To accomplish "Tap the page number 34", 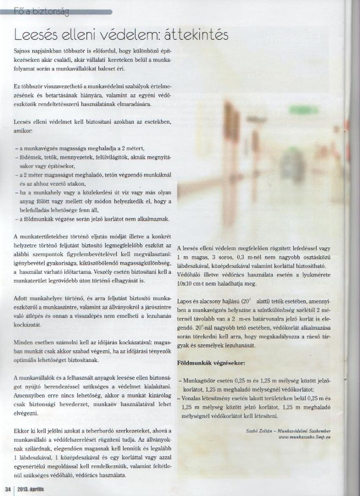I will click(x=7, y=489).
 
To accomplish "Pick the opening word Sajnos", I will click(x=22, y=50).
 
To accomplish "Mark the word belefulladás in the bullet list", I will click(x=34, y=210).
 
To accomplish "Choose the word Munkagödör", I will click(x=199, y=381).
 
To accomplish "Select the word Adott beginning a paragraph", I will click(x=21, y=298).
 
